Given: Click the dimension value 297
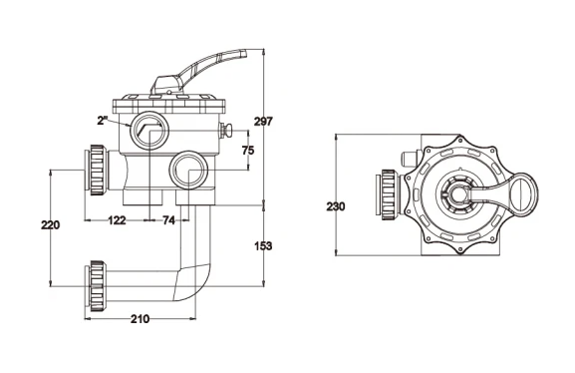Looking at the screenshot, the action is pos(263,121).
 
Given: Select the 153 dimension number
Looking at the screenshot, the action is pos(263,246).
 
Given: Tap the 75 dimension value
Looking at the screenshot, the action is pos(248,151).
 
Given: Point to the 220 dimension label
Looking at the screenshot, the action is pos(50,224).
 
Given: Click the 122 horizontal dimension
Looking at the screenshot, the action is pos(117,220).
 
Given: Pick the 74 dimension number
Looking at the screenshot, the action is pos(168,220).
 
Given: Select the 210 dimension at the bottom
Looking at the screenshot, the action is pos(141,319).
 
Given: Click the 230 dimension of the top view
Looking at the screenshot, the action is pos(336,206).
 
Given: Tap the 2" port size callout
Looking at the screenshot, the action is pos(103,121).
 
